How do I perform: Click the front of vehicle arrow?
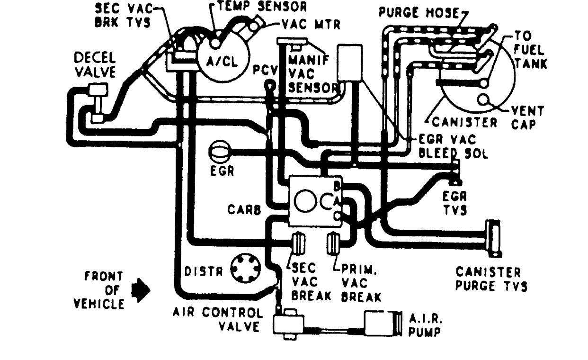[142, 289]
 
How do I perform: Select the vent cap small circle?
[484, 100]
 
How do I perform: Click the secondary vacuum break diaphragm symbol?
[298, 243]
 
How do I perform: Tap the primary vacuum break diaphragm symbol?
[334, 243]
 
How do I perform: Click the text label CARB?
[244, 210]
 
